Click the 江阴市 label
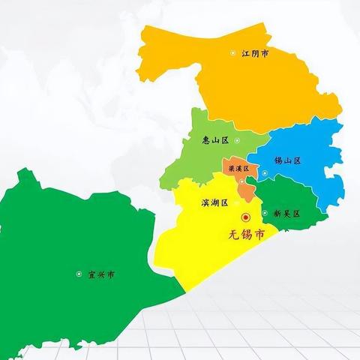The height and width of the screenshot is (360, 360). coord(254,53)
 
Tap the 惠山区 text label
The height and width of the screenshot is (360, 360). coord(215,139)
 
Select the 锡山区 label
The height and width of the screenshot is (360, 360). coord(287,160)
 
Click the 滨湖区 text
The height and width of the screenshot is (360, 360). coord(214,202)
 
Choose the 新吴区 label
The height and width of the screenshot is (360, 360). coord(286,213)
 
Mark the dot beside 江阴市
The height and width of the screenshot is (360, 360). coord(232,53)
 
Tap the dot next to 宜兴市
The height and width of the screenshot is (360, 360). coord(79,274)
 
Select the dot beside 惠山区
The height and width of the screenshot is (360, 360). coord(237,140)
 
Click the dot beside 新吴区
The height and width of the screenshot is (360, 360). coord(265,213)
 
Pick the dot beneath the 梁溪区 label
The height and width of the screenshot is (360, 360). coord(241,180)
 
